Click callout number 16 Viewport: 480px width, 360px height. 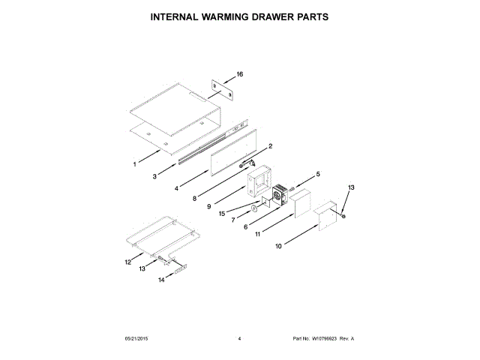click(x=240, y=74)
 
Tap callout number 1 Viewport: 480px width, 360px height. click(x=136, y=163)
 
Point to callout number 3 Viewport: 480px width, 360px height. click(x=154, y=177)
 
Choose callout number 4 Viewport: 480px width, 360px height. click(x=177, y=190)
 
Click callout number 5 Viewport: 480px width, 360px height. click(x=317, y=174)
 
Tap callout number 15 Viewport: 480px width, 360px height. click(x=222, y=213)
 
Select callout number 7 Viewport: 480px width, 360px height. click(x=233, y=220)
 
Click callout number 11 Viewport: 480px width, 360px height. click(x=258, y=234)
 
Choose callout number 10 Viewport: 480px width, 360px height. click(x=278, y=245)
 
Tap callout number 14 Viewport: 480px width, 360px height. click(x=160, y=280)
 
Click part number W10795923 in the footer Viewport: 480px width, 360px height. click(x=324, y=339)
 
